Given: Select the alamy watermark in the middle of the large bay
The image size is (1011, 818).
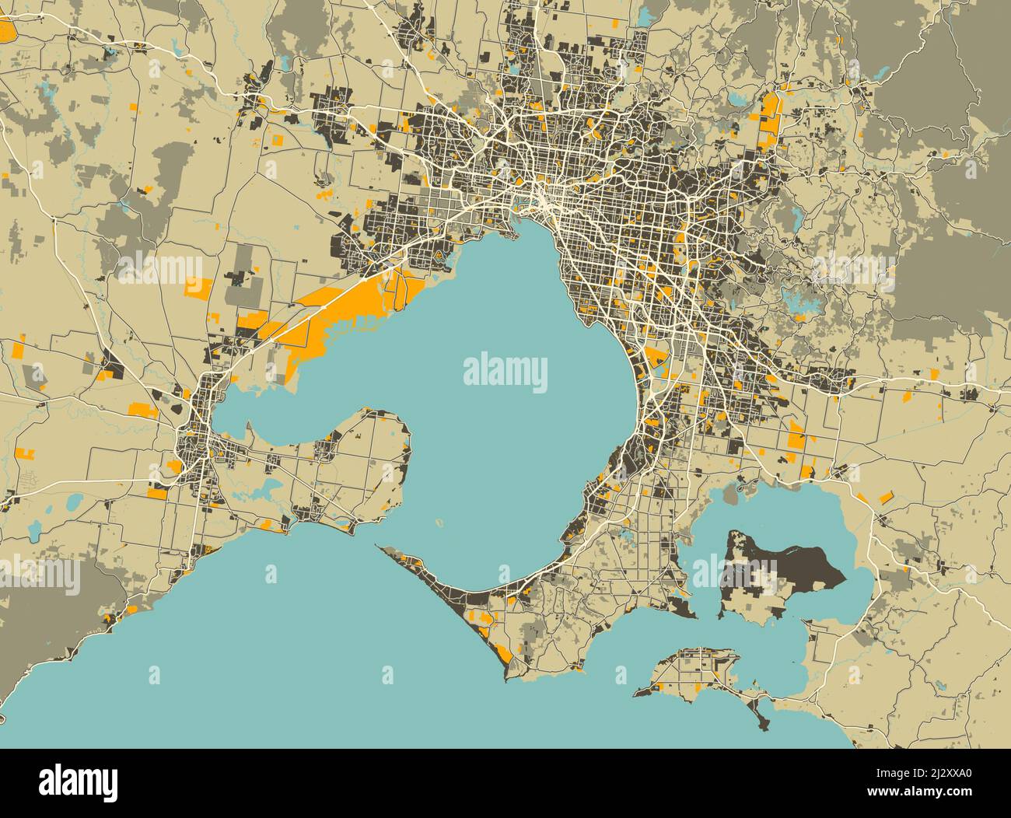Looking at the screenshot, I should [x=505, y=372].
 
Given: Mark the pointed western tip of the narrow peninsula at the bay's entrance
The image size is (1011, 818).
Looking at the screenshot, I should [x=379, y=546].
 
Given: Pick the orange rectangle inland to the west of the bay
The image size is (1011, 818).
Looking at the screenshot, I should [x=196, y=288].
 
